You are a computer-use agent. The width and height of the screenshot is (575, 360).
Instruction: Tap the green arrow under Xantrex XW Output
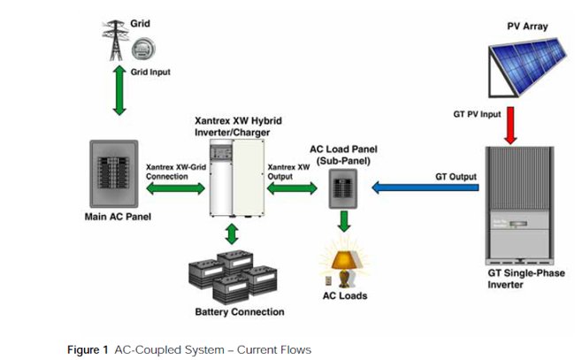click(x=291, y=188)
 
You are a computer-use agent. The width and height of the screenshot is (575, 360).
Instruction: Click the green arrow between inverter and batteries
click(x=232, y=234)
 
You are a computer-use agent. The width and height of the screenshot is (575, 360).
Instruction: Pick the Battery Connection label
click(x=239, y=312)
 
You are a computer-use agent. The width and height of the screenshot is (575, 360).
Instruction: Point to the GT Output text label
click(x=456, y=177)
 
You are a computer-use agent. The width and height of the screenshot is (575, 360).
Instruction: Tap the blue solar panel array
click(x=524, y=61)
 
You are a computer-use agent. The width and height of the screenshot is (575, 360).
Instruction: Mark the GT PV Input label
click(x=478, y=114)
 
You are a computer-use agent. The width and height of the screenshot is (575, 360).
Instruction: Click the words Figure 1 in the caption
click(x=88, y=350)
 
